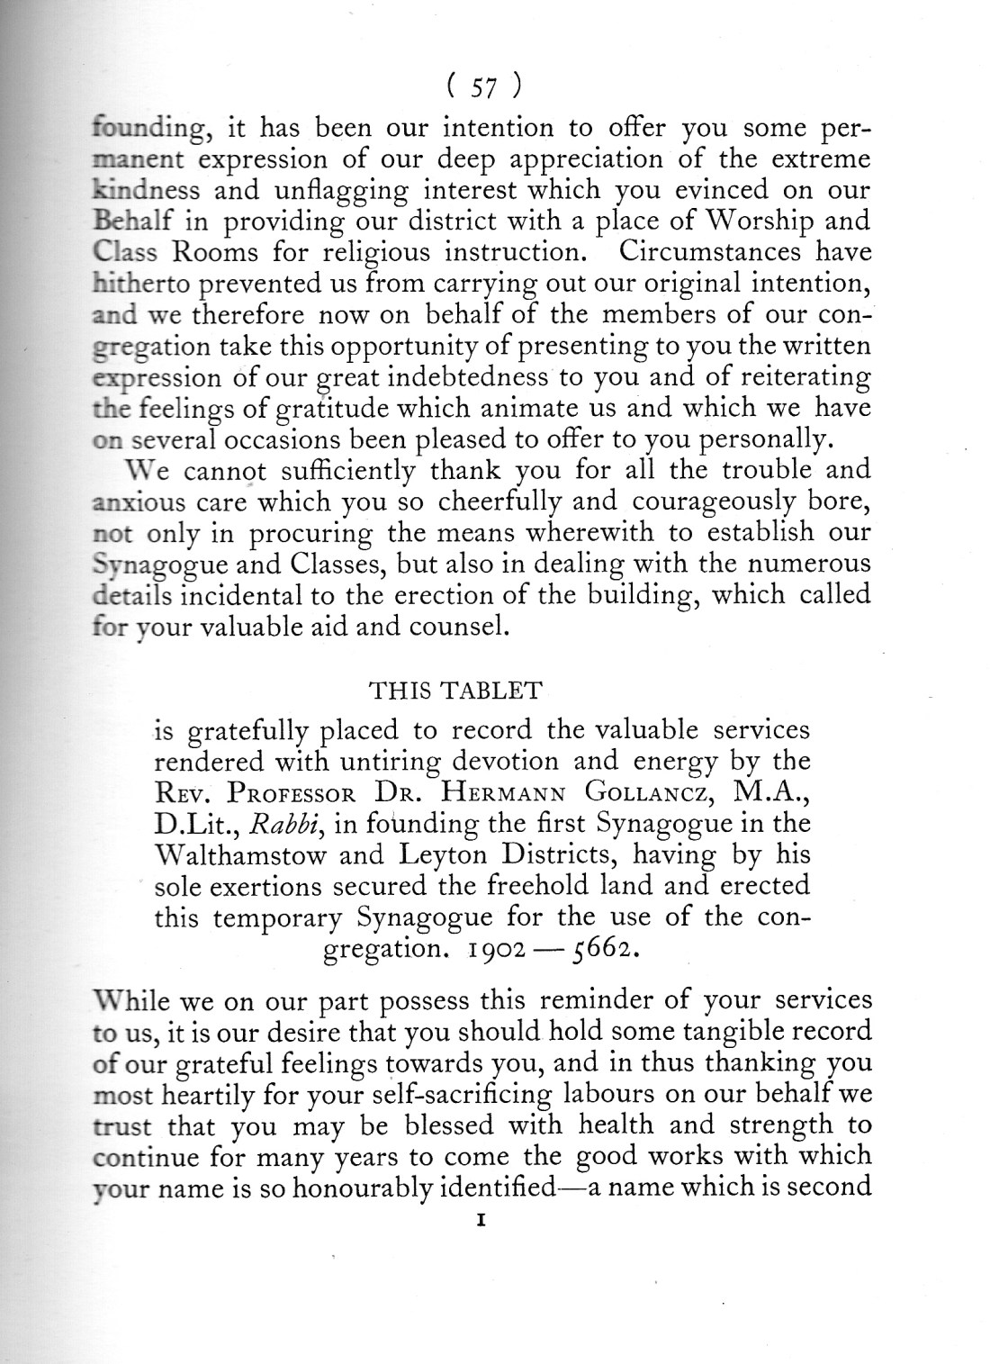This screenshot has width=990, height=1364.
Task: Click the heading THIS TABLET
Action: click(456, 691)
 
